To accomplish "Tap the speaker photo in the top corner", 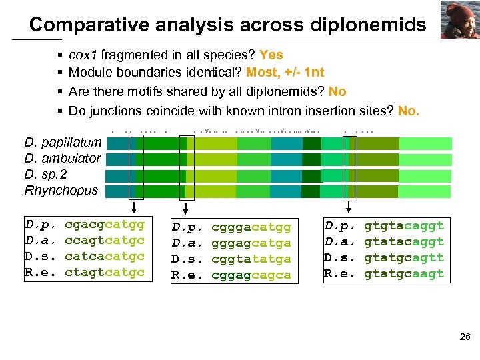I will [459, 19].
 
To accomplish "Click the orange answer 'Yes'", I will [271, 55].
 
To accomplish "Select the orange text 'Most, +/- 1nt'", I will [285, 72].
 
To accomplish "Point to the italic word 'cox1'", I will [83, 55].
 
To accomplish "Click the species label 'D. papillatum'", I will [63, 142].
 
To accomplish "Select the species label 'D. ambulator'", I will [63, 158].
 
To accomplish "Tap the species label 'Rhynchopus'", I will [61, 190].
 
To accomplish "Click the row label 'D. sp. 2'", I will [45, 174].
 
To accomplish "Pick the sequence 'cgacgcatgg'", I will [105, 224].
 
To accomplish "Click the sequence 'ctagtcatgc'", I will [105, 272].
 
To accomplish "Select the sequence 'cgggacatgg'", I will [251, 227].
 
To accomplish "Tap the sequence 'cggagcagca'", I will [251, 275].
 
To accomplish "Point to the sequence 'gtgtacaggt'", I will [404, 225].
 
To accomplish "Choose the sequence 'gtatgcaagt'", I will [404, 273].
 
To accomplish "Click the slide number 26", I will [465, 337].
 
